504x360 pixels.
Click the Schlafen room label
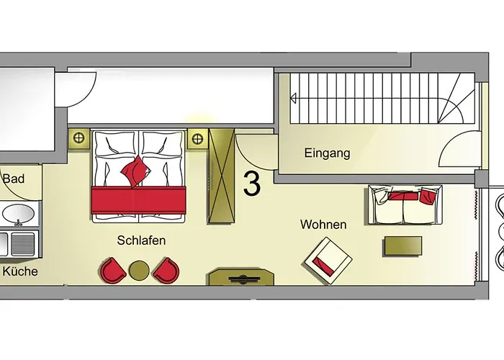click(x=141, y=240)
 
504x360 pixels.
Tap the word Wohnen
click(x=323, y=225)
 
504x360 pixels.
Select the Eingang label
click(x=327, y=153)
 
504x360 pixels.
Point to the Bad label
click(x=14, y=179)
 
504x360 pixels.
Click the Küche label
click(x=20, y=271)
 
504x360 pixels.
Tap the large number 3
click(x=252, y=183)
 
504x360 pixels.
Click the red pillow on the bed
click(x=135, y=171)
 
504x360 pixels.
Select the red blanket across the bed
click(x=139, y=201)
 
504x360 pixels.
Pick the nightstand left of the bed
click(x=78, y=138)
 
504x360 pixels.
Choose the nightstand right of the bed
click(x=197, y=139)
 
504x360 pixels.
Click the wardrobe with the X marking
click(x=221, y=176)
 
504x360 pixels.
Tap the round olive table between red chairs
click(x=139, y=270)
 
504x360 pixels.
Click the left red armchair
click(x=113, y=270)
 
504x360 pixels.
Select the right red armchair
click(x=166, y=270)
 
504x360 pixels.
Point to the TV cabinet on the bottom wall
click(x=241, y=277)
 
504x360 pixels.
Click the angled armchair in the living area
click(x=328, y=261)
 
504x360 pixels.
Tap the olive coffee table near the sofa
click(x=403, y=246)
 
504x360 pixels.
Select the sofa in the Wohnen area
click(x=405, y=204)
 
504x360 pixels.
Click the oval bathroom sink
click(x=18, y=213)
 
